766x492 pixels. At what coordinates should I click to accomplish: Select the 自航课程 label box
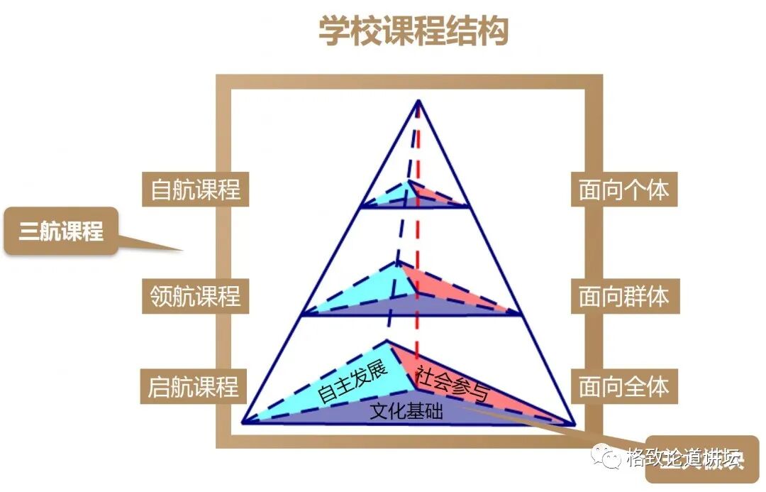tap(196, 190)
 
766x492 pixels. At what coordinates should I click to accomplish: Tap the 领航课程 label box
tap(196, 295)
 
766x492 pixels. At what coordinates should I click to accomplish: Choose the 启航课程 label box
tap(194, 387)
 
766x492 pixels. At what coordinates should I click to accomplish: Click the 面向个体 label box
tap(623, 190)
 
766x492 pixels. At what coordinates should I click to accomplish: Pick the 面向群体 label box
tap(623, 295)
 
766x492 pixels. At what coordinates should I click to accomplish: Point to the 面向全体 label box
tap(623, 387)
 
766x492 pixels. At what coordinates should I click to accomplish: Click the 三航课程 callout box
tap(61, 231)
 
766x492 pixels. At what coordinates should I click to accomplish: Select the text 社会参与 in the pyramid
tap(452, 383)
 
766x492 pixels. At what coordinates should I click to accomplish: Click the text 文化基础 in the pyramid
tap(406, 411)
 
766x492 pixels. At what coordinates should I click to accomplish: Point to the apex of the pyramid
tap(418, 101)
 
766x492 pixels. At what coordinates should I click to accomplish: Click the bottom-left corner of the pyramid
tap(243, 422)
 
